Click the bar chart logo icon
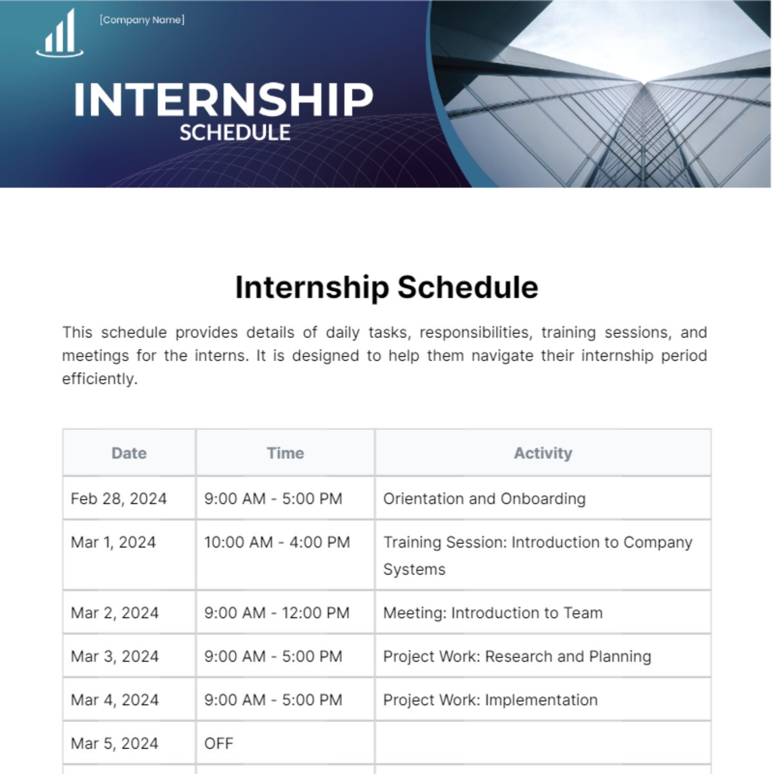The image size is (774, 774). (x=60, y=34)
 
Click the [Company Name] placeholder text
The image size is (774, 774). (x=142, y=20)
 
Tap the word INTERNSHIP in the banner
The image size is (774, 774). (x=223, y=100)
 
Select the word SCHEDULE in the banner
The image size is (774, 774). (x=235, y=133)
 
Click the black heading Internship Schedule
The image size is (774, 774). (x=386, y=288)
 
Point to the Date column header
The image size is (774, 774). (x=129, y=453)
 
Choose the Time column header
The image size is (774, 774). (x=285, y=453)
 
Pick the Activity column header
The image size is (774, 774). (x=542, y=453)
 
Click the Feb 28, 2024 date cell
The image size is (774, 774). (x=119, y=499)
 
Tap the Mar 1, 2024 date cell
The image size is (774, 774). (x=114, y=542)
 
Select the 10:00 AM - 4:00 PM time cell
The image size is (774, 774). (x=277, y=542)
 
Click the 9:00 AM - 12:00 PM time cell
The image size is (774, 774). (x=277, y=613)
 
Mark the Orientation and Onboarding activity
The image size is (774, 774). (x=484, y=499)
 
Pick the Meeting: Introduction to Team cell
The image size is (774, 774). (x=493, y=613)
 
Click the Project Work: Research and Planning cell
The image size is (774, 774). (x=517, y=657)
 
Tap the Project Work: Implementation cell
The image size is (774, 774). (x=490, y=700)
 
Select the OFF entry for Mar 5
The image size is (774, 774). (x=219, y=744)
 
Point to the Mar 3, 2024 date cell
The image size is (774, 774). (x=115, y=657)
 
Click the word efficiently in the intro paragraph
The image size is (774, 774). (x=99, y=379)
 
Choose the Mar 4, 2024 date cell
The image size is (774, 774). (x=115, y=700)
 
